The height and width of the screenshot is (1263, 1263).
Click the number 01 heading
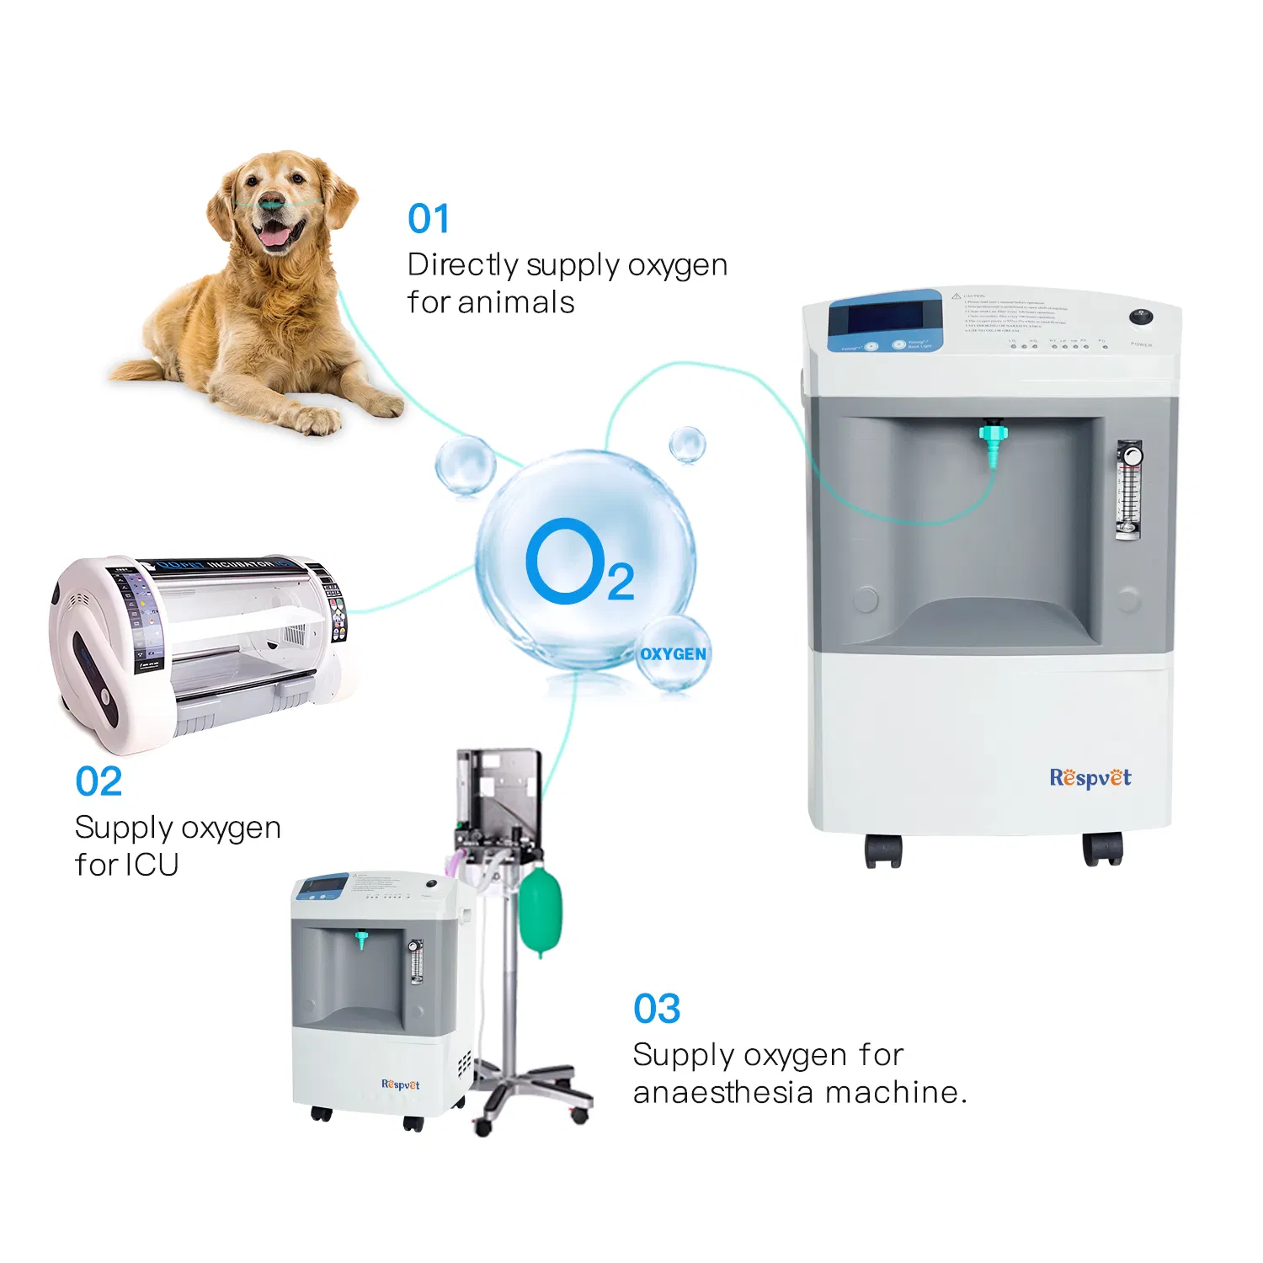point(429,219)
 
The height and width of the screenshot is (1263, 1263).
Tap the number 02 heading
point(99,781)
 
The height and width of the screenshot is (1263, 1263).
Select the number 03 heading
point(657,1009)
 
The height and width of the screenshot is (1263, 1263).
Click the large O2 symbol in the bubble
point(579,562)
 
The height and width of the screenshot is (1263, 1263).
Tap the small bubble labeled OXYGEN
point(673,654)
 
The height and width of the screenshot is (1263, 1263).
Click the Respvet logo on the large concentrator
point(1090,778)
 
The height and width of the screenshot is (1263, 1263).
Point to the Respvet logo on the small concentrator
point(400,1084)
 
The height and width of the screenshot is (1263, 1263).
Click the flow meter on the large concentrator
point(1128,489)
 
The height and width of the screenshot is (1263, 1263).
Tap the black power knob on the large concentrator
point(1141,317)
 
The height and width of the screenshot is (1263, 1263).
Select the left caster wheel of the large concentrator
point(883,851)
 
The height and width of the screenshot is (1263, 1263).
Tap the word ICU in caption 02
point(152,865)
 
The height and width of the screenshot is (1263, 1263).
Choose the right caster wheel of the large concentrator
point(1102,850)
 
